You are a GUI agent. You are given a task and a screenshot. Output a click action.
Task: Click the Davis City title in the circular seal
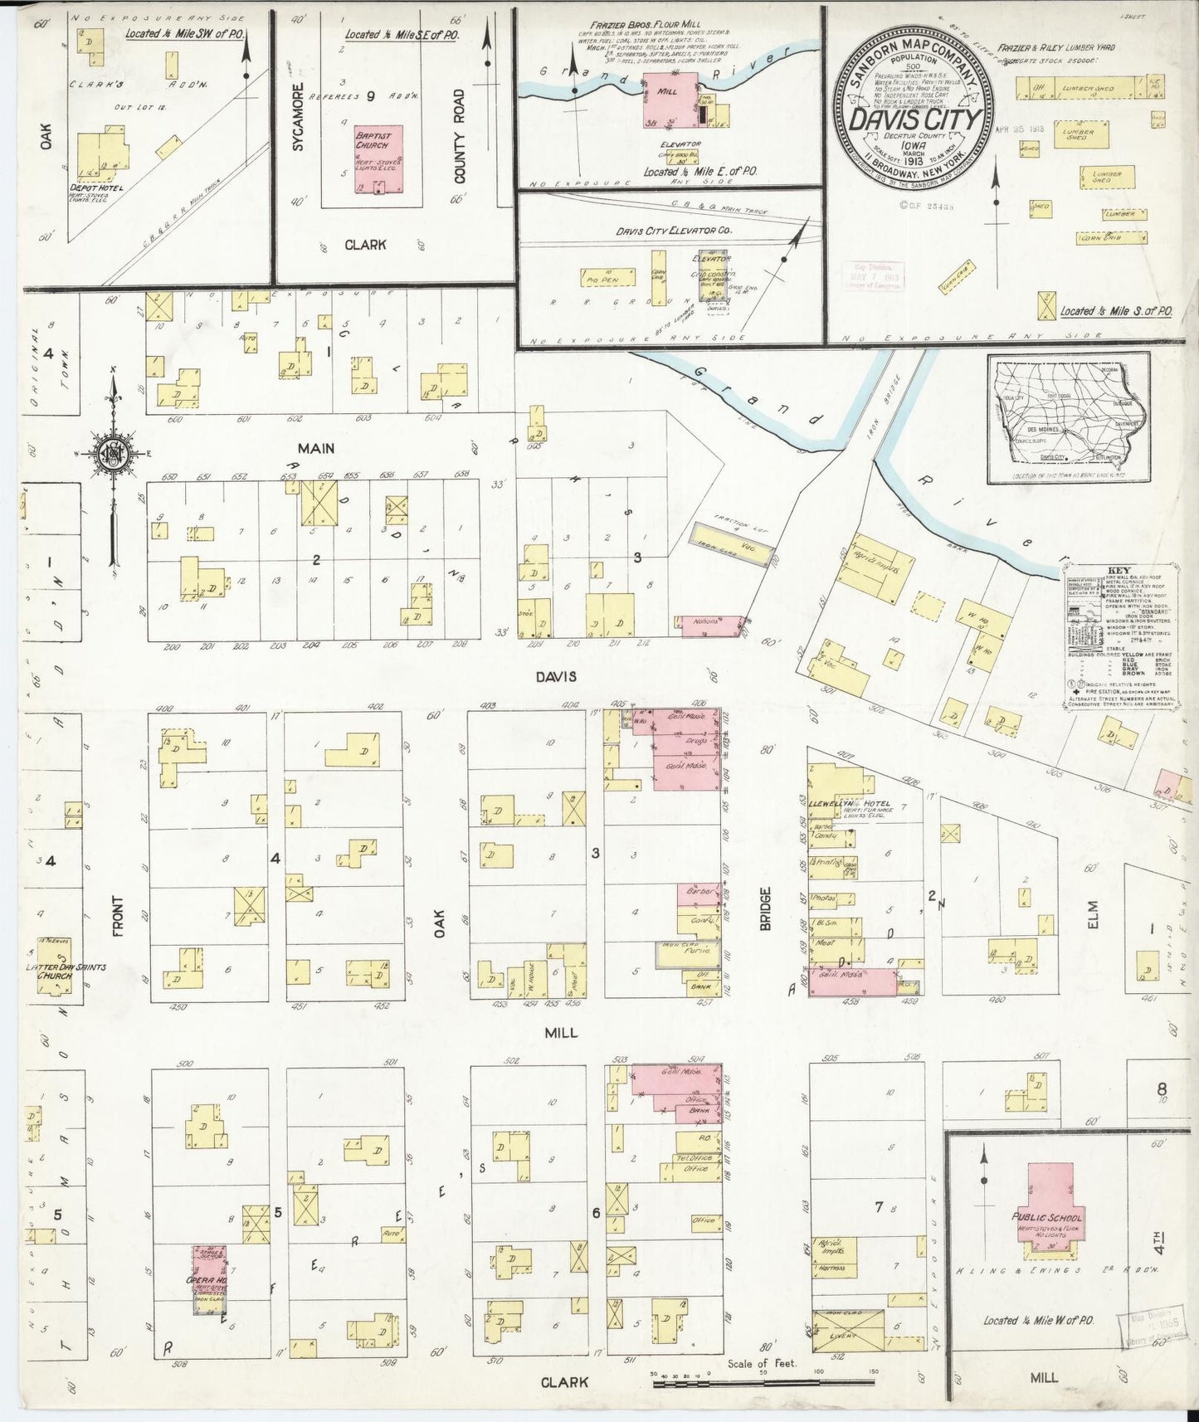[915, 119]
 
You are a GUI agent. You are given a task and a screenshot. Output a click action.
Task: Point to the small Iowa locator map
[1068, 419]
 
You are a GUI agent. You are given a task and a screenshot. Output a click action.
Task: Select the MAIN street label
[316, 448]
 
